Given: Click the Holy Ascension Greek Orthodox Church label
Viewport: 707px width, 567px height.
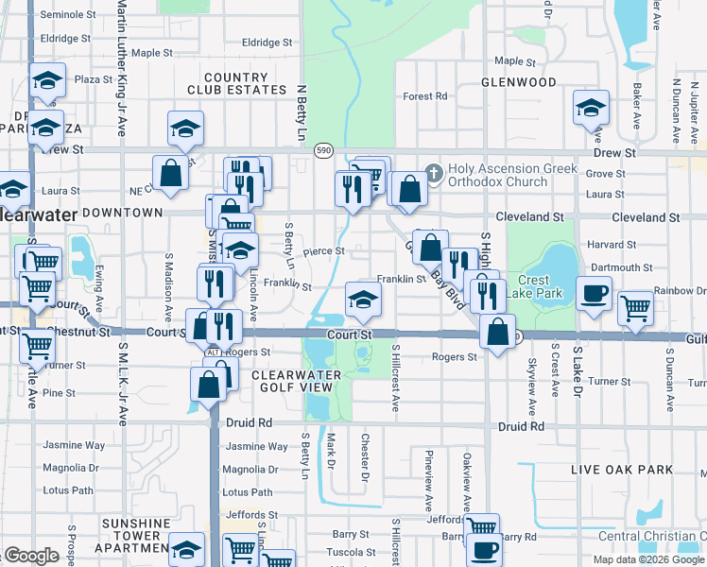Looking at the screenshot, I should pyautogui.click(x=498, y=175).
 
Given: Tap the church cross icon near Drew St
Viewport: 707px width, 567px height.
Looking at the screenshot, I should pyautogui.click(x=434, y=172).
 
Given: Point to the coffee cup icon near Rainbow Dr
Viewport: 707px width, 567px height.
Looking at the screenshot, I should pyautogui.click(x=594, y=294).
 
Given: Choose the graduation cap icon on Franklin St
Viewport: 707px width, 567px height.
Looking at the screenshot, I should pyautogui.click(x=363, y=300).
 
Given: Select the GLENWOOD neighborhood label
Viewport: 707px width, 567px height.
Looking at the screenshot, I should pyautogui.click(x=519, y=82).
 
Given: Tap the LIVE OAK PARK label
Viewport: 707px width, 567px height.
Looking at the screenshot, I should pyautogui.click(x=622, y=470).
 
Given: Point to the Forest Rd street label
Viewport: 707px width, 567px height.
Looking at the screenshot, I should pyautogui.click(x=424, y=96).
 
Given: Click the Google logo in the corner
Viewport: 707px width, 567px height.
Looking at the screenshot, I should pyautogui.click(x=30, y=556).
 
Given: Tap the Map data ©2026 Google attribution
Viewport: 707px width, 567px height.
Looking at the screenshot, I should pyautogui.click(x=648, y=559).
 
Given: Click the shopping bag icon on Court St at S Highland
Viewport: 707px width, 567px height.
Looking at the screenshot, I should pyautogui.click(x=497, y=332).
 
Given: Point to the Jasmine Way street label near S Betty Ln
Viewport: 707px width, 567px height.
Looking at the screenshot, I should pyautogui.click(x=257, y=446).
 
